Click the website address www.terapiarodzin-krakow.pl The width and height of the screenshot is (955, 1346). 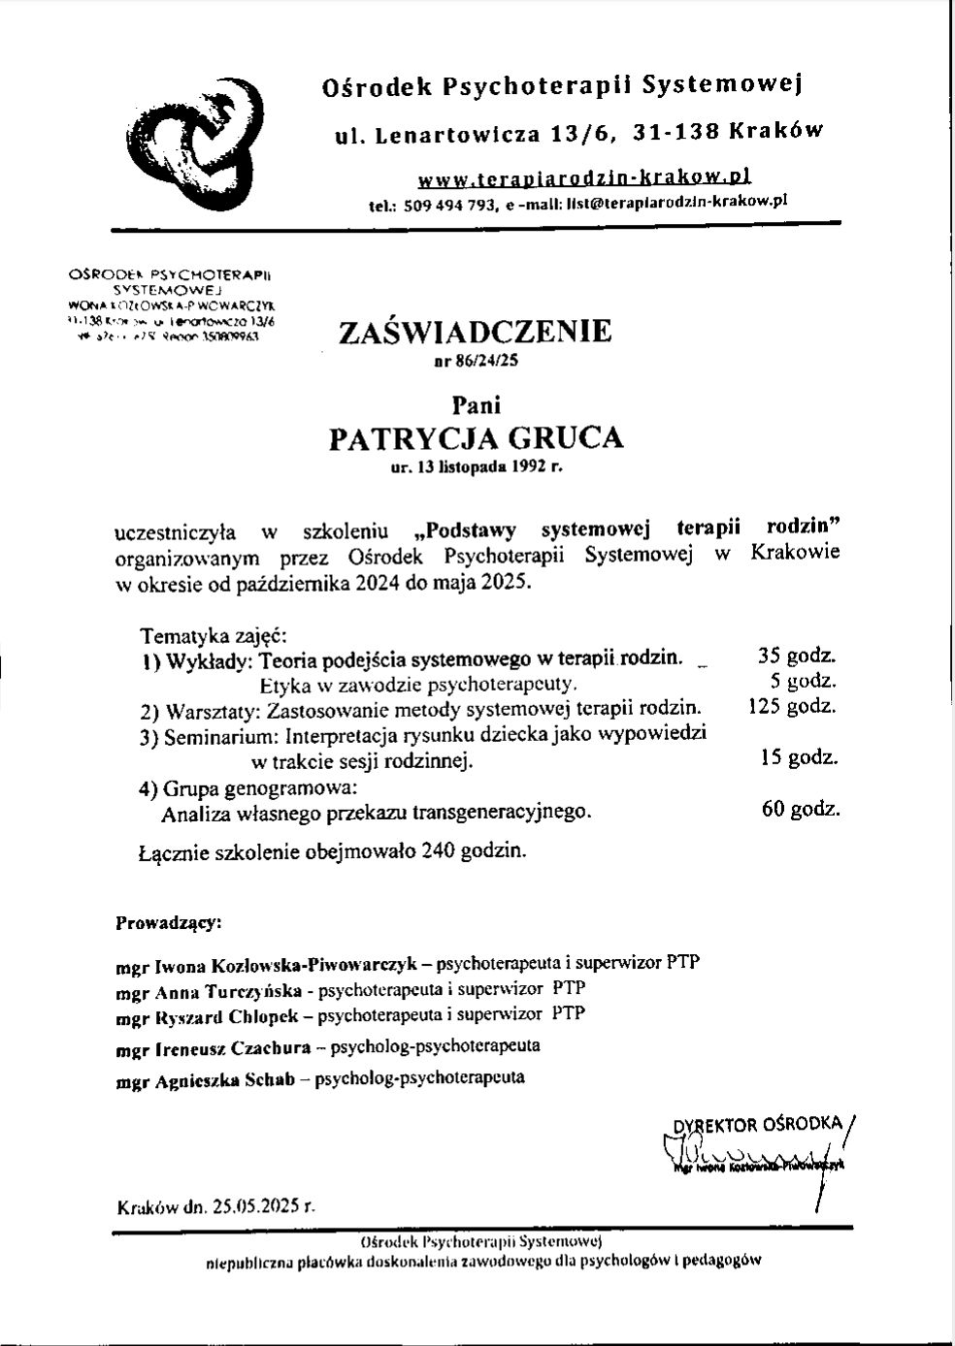coord(584,177)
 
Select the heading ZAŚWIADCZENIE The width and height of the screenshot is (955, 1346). coord(475,332)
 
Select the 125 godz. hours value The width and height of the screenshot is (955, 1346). coord(792,706)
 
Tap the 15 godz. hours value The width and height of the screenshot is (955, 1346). coord(799,757)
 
